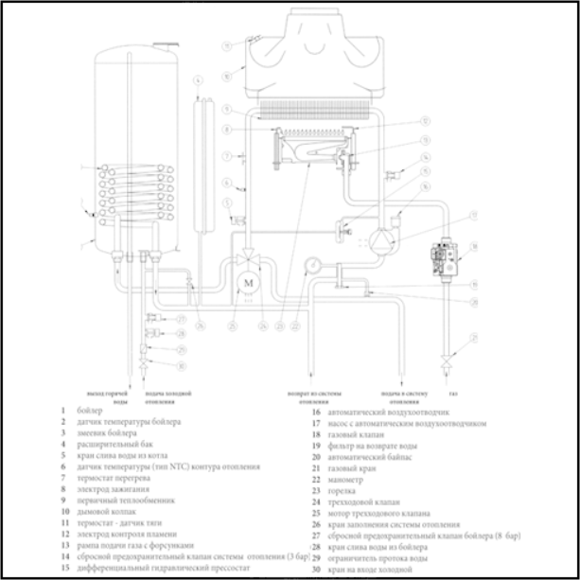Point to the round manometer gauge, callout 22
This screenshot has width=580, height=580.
coord(312,264)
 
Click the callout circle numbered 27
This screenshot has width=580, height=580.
coord(180,320)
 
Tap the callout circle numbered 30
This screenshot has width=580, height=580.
coord(180,366)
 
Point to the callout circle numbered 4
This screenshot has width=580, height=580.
coord(199,82)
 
